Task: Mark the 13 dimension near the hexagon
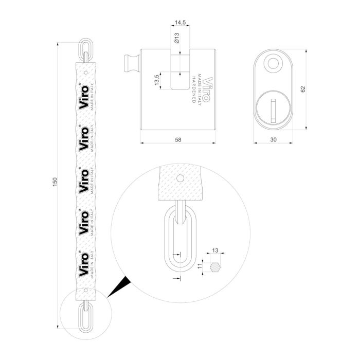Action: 215,250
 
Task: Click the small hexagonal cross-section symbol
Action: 215,266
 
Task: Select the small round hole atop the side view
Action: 273,64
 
